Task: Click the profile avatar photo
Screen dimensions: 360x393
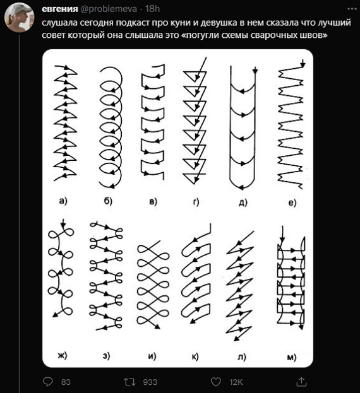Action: [x=20, y=18]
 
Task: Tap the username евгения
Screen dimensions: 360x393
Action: [x=60, y=9]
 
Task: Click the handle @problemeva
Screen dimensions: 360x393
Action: [x=109, y=9]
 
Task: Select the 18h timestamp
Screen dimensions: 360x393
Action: [x=152, y=9]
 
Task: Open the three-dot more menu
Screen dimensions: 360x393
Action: [x=352, y=9]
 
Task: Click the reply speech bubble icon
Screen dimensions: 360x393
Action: [x=47, y=382]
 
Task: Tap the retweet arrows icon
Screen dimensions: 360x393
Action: [x=129, y=382]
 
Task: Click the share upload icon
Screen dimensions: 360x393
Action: [x=301, y=382]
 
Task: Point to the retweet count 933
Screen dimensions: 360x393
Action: [x=150, y=382]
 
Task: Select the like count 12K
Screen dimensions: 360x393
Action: [x=236, y=382]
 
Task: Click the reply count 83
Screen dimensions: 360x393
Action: [x=66, y=382]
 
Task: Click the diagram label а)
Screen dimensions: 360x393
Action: [x=63, y=201]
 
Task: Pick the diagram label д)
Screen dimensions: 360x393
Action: [x=243, y=202]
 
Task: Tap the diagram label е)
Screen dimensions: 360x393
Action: [x=292, y=202]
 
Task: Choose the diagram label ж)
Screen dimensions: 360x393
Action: [x=63, y=355]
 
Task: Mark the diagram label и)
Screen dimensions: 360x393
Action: [x=152, y=356]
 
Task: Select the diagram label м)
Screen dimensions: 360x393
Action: [x=292, y=357]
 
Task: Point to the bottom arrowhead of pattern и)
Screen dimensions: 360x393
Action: [x=157, y=326]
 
